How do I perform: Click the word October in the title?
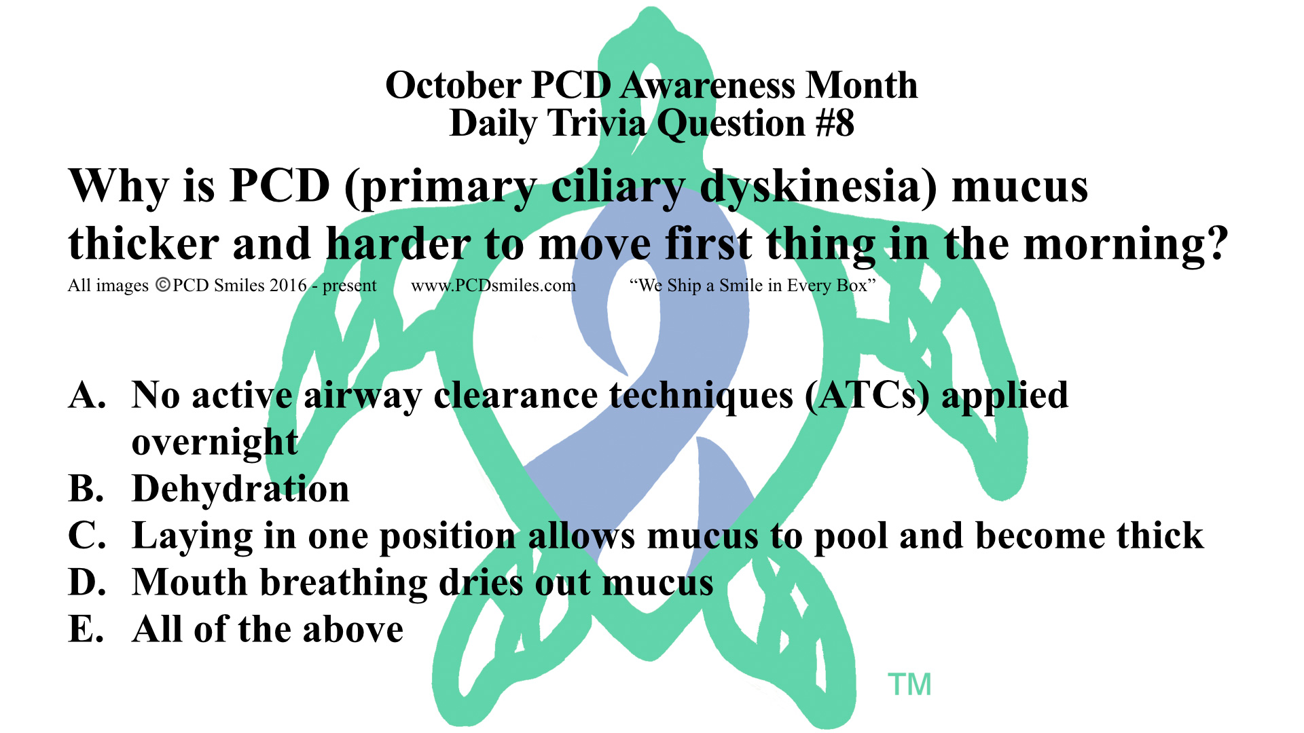(x=453, y=86)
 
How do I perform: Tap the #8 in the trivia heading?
(x=835, y=124)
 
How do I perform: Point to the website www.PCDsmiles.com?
(x=494, y=286)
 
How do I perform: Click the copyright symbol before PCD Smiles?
(x=163, y=285)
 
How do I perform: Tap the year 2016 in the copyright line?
(x=289, y=285)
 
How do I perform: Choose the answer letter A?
(x=88, y=395)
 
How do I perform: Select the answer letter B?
(x=86, y=489)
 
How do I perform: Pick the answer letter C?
(x=87, y=535)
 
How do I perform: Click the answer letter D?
(x=88, y=582)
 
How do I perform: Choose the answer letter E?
(x=86, y=629)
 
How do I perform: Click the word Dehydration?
(x=241, y=489)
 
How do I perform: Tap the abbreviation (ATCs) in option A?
(x=867, y=396)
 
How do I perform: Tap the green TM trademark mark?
(x=909, y=685)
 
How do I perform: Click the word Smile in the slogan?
(x=741, y=286)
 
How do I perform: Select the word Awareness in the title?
(x=708, y=86)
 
